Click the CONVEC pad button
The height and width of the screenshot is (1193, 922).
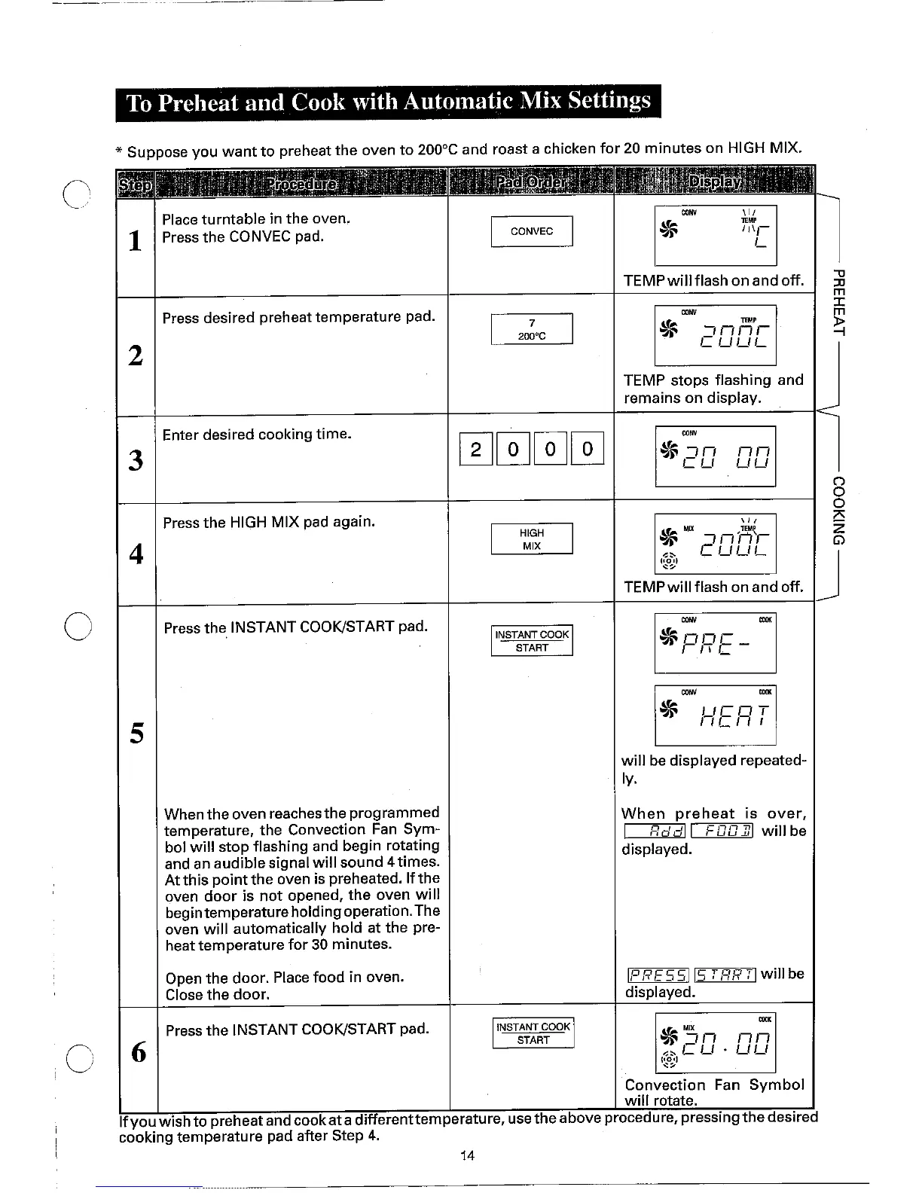coord(532,231)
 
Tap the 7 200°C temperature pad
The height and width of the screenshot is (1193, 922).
coord(532,329)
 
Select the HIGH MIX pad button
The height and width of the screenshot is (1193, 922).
coord(532,539)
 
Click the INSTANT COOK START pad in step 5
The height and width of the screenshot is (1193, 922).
coord(532,641)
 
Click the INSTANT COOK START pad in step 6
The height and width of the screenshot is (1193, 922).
coord(533,1033)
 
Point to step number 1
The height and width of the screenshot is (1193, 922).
coord(136,241)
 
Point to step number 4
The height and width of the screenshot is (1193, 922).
coord(136,554)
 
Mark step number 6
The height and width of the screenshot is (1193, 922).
coord(139,1051)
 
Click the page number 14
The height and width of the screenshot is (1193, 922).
coord(467,1155)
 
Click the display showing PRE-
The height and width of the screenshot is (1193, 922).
coord(715,642)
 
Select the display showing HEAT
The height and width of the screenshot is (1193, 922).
coord(715,715)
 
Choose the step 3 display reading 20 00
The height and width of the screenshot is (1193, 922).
coord(715,456)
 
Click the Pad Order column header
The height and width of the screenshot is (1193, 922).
coord(532,183)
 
